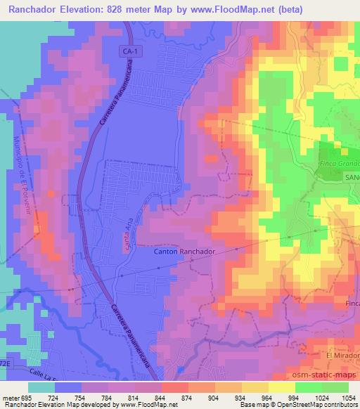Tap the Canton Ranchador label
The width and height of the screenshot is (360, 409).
point(184,250)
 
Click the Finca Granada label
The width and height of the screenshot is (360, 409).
point(339,163)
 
